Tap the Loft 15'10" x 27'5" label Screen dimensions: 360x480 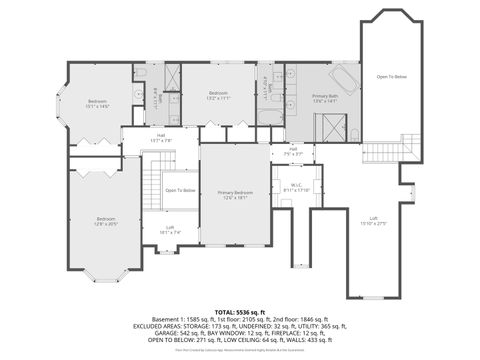click(373, 221)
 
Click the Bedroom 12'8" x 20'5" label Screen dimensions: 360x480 click(106, 221)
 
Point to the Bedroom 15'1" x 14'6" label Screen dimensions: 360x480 click(97, 103)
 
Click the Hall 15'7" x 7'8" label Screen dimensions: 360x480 click(160, 139)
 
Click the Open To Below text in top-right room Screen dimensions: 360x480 click(391, 77)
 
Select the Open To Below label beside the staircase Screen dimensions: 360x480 click(180, 190)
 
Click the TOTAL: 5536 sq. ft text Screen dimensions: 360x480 click(239, 313)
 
